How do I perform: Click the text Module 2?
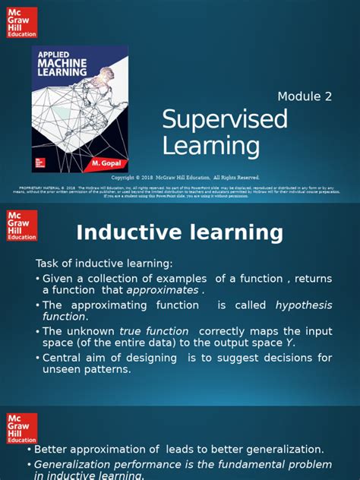305,96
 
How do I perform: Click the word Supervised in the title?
225,120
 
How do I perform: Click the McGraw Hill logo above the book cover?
22,22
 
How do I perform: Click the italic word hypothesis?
303,305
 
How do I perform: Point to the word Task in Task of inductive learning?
49,263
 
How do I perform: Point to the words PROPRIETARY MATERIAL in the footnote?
39,186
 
